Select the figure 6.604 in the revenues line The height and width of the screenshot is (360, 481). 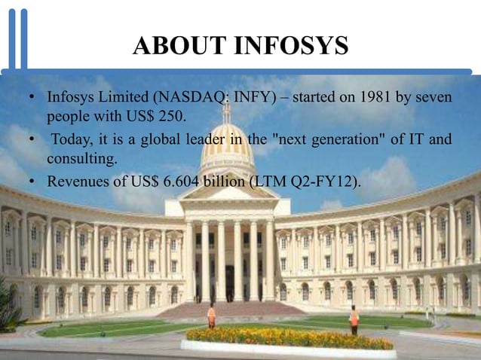click(180, 182)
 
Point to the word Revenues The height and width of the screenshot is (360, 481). click(75, 182)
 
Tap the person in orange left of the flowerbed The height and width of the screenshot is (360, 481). click(212, 316)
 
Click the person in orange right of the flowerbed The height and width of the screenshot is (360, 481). click(354, 320)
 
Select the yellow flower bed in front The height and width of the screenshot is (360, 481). click(290, 338)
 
